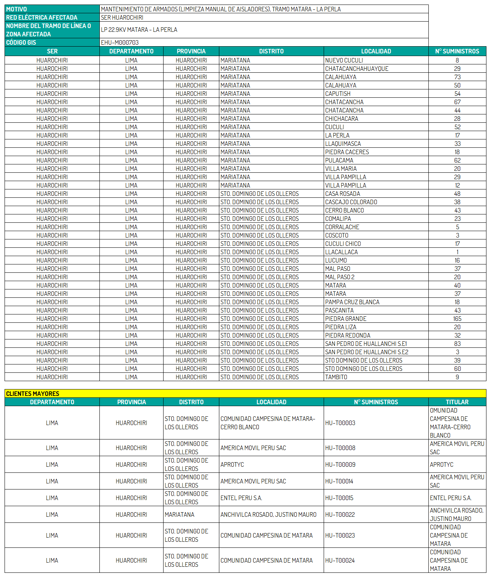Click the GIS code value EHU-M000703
120,42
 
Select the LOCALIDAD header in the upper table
376,51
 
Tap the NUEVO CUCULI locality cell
344,60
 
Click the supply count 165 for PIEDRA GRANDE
457,319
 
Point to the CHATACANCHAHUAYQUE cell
356,69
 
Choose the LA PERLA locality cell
337,135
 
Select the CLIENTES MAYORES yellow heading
33,394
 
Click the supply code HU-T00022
340,514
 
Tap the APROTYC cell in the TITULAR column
441,464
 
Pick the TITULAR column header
457,402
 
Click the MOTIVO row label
17,9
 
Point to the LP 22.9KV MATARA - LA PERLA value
139,30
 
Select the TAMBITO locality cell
336,377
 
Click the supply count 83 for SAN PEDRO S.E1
457,344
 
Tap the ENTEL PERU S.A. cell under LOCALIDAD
241,498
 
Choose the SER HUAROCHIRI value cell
122,17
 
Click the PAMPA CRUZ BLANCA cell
352,302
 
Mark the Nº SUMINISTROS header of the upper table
457,51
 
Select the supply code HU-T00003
340,423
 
